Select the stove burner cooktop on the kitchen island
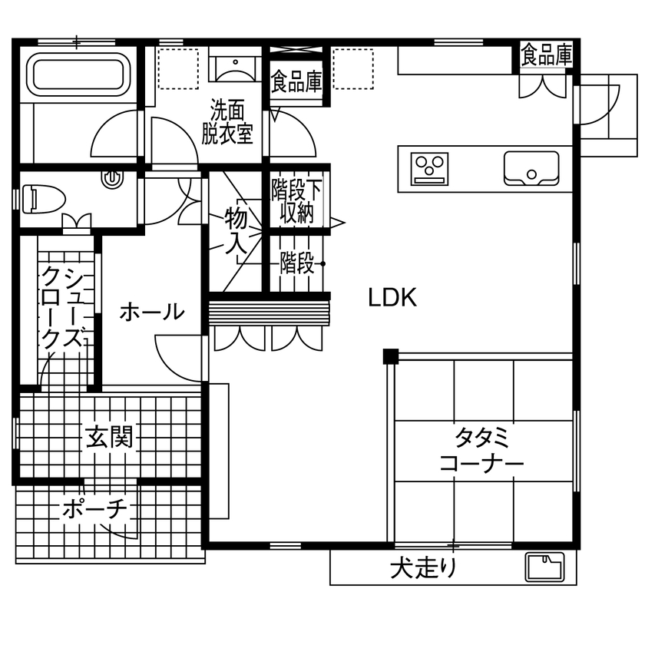click(429, 169)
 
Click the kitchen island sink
click(531, 167)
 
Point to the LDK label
click(392, 298)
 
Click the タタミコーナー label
click(481, 451)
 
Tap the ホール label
click(151, 312)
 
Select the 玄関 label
click(109, 438)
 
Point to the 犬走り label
click(425, 569)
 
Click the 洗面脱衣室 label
click(227, 122)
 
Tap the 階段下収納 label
click(296, 200)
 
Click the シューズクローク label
click(61, 307)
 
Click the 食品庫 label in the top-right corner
click(547, 54)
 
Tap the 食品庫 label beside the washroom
click(296, 82)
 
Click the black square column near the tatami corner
click(391, 356)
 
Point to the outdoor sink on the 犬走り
click(544, 567)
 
